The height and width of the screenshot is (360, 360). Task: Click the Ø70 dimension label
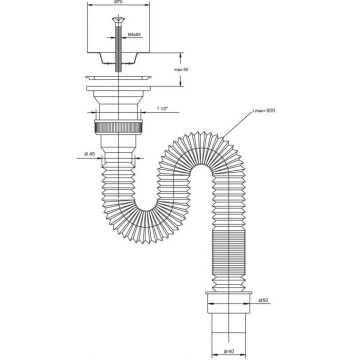click(118, 2)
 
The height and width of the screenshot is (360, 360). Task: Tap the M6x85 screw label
click(134, 34)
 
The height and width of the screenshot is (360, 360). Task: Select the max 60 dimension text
click(181, 69)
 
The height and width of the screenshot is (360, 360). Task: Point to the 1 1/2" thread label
click(162, 108)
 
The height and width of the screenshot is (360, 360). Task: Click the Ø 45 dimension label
click(89, 154)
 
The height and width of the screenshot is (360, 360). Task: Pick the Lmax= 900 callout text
click(263, 110)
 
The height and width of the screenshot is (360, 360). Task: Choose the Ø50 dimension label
click(263, 300)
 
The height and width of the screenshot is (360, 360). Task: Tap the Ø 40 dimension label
click(229, 351)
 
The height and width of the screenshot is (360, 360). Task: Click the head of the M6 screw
click(118, 19)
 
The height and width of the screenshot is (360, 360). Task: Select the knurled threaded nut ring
click(118, 127)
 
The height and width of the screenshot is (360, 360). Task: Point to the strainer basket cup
click(118, 58)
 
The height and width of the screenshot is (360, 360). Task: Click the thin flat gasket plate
click(118, 77)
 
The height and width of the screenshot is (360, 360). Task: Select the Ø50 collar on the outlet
click(228, 302)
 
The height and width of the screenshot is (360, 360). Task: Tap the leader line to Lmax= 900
click(237, 124)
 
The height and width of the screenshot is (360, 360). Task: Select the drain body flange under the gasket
click(118, 88)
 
